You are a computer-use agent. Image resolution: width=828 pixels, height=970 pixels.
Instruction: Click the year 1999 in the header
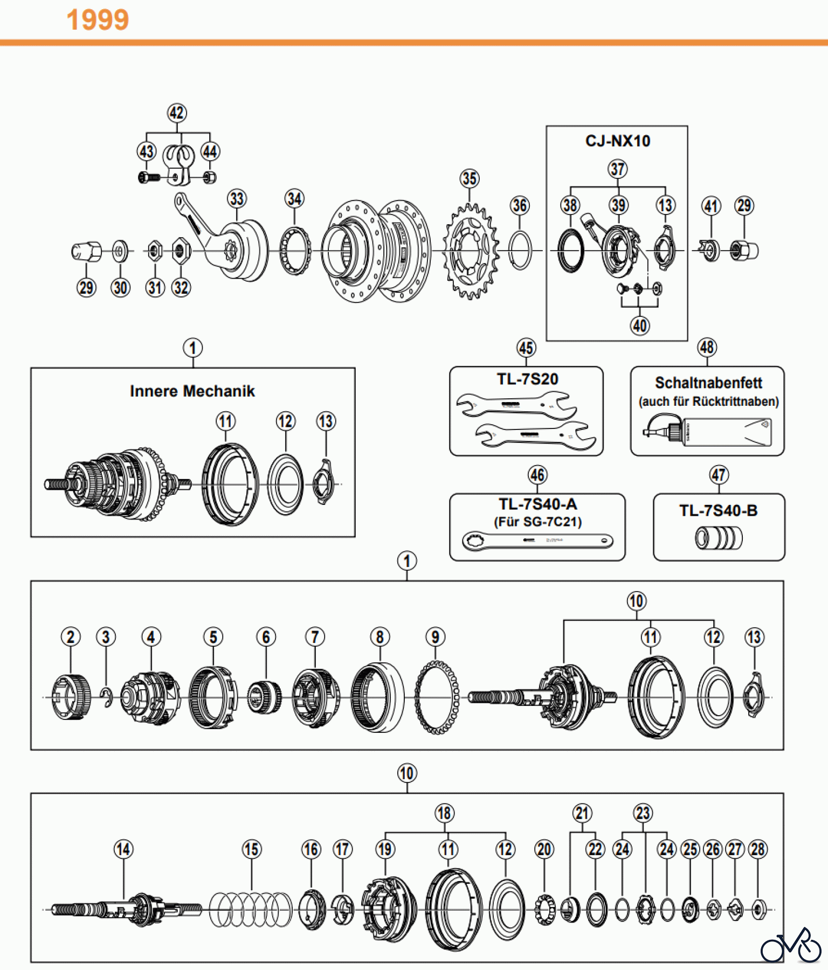tap(98, 20)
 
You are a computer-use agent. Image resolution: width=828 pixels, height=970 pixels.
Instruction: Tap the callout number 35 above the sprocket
tap(470, 178)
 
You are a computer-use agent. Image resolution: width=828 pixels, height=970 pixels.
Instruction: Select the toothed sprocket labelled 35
tap(470, 251)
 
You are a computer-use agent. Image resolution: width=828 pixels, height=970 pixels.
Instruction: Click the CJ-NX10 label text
tap(618, 141)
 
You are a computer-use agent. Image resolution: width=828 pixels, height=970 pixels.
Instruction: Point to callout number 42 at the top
tap(177, 113)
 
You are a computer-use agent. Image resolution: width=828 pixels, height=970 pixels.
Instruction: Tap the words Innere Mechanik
tap(192, 391)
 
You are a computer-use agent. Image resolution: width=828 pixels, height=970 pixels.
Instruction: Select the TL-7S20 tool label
tap(527, 379)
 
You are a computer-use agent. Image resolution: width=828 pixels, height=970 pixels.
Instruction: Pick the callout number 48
tap(707, 348)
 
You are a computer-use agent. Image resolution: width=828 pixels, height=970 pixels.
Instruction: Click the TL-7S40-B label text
tap(718, 511)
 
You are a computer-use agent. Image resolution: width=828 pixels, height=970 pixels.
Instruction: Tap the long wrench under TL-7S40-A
tap(537, 541)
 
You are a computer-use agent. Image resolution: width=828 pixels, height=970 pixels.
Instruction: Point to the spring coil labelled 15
tap(250, 910)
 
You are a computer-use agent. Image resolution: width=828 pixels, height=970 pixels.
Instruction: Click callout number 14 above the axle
tap(123, 850)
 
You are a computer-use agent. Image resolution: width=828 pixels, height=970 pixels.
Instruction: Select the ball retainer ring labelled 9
tap(437, 697)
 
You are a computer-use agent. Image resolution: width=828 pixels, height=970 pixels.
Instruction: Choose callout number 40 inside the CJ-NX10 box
tap(640, 325)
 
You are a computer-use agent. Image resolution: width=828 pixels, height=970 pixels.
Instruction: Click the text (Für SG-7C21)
tap(537, 522)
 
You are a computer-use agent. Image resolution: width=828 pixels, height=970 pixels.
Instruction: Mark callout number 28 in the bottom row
tap(758, 850)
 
